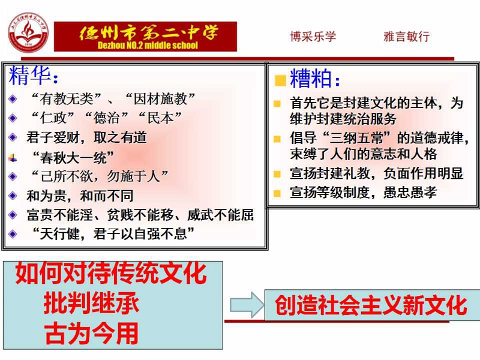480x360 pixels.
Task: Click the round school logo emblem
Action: [28, 32]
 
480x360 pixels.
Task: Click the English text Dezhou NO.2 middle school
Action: [148, 46]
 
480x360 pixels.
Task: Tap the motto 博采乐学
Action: [313, 37]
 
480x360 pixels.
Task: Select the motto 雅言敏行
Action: [407, 37]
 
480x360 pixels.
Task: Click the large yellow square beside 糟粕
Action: [280, 80]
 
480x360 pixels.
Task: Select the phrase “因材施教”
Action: [160, 99]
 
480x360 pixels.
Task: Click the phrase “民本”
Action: [160, 118]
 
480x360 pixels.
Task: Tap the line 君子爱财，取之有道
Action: [86, 137]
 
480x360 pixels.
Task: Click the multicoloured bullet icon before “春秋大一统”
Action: [13, 158]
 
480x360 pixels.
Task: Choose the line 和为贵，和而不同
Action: [80, 196]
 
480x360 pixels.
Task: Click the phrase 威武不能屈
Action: [220, 215]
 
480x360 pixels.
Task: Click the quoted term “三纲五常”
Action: [358, 138]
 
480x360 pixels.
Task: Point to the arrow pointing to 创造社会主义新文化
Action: [247, 305]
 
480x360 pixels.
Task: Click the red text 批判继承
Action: [91, 303]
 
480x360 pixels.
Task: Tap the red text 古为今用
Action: [91, 333]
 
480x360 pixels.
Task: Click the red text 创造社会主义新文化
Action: [371, 305]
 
